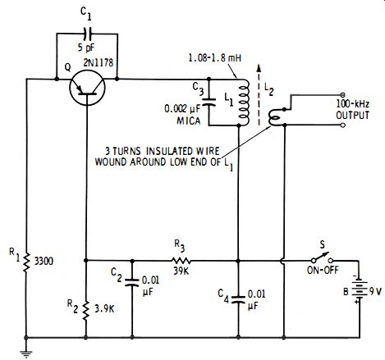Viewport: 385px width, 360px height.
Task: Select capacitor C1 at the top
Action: tap(88, 34)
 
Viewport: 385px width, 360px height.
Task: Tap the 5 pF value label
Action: tap(86, 48)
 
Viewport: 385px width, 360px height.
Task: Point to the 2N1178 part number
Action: tap(98, 62)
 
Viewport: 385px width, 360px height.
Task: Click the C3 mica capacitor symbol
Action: tap(209, 102)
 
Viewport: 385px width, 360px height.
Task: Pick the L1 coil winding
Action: tap(244, 103)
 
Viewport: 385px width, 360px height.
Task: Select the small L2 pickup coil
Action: tap(274, 117)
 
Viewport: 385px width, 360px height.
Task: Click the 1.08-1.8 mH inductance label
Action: tap(215, 58)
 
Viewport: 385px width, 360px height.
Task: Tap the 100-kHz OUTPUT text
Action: tap(353, 110)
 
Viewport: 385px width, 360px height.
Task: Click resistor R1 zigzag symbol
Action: tap(26, 262)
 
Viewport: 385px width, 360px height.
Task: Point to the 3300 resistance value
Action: tap(44, 262)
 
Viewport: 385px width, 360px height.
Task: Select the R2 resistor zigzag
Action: tap(86, 311)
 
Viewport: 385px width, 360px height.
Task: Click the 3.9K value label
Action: tap(104, 309)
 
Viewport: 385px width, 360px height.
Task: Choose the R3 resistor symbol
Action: tap(181, 261)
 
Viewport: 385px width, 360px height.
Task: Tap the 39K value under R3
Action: tap(181, 271)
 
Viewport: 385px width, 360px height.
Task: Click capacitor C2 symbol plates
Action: tap(132, 282)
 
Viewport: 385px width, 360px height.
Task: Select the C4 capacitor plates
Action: tap(238, 298)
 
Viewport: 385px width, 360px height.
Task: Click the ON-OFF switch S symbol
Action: tap(322, 257)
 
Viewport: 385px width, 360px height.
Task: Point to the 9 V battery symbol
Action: tap(359, 290)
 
